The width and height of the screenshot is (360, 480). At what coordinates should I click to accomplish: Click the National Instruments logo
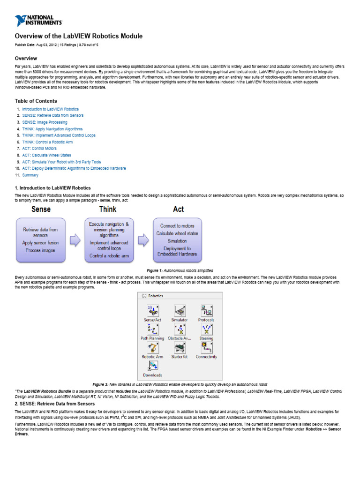38,20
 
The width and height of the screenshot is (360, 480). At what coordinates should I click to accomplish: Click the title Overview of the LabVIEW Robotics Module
79,36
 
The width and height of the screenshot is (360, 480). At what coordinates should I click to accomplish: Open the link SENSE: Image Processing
45,122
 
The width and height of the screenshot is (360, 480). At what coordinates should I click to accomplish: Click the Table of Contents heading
36,101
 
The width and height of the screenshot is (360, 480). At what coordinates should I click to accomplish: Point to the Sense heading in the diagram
41,209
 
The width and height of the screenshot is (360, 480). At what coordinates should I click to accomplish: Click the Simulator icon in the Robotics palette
180,311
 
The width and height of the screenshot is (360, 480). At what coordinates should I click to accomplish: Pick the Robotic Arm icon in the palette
152,348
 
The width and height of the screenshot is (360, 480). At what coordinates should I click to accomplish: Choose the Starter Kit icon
180,348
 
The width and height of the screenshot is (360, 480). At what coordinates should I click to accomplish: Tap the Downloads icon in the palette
152,366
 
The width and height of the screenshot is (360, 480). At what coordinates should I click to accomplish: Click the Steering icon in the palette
206,329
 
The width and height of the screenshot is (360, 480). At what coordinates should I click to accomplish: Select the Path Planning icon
152,329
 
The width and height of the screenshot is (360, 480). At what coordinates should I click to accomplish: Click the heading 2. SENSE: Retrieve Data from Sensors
55,403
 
